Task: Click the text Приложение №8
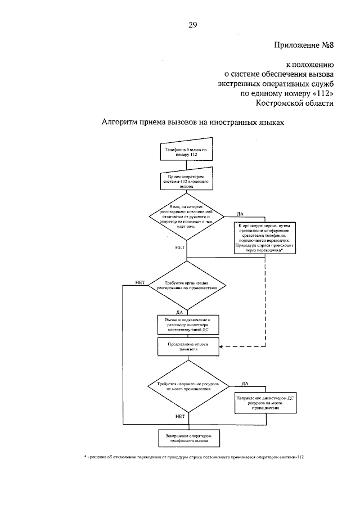tap(304, 45)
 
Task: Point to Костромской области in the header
tap(294, 103)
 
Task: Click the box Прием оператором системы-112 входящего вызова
tap(186, 181)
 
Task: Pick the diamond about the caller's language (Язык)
tap(187, 217)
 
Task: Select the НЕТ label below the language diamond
tap(181, 247)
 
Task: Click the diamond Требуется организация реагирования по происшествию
tap(187, 287)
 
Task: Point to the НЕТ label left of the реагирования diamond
tap(141, 282)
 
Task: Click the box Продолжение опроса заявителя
tap(186, 346)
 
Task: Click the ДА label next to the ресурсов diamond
tap(245, 383)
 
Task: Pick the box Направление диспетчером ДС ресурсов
tap(265, 402)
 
